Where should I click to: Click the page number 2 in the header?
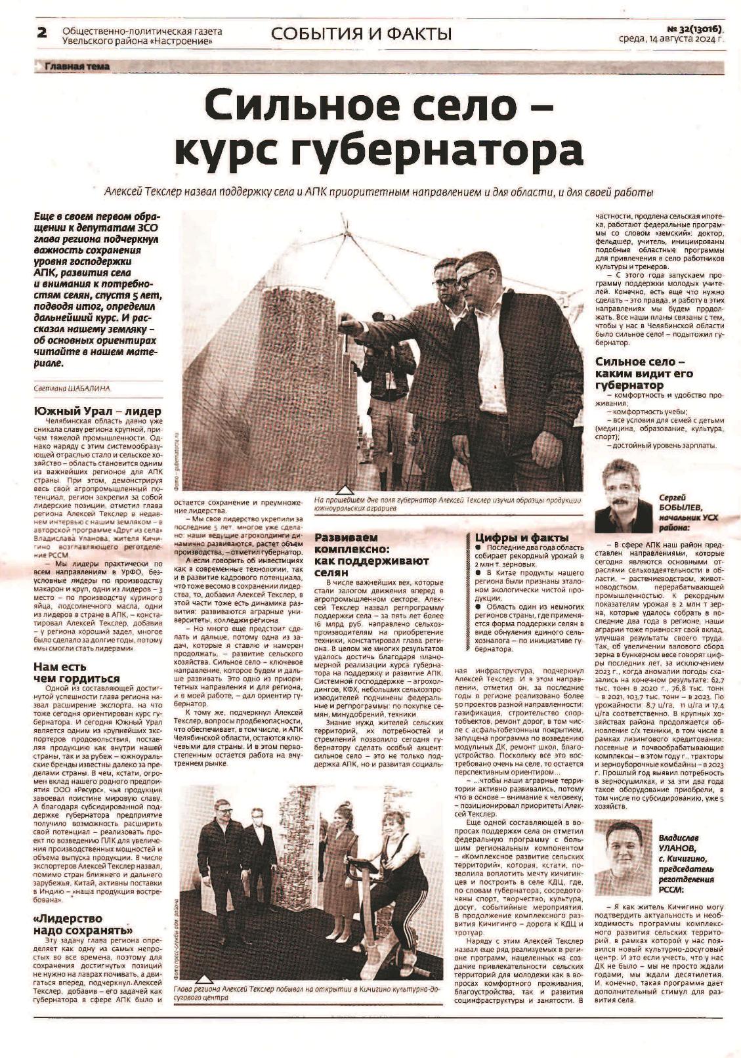[41, 33]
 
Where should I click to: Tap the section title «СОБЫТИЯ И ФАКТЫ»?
[361, 33]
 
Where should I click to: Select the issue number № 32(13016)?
[694, 29]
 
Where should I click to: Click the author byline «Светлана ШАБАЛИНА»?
[72, 389]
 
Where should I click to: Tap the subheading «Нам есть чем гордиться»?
[77, 673]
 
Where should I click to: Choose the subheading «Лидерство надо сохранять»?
[83, 924]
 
